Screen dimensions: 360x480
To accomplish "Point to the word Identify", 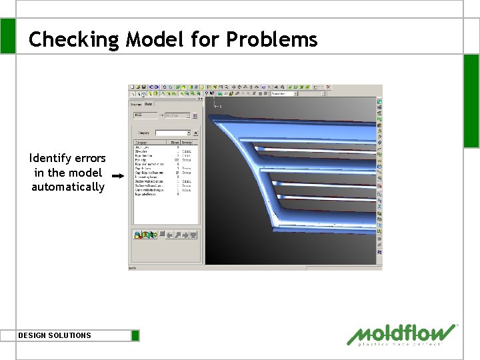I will click(x=51, y=158).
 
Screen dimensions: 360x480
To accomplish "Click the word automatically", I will click(x=68, y=187).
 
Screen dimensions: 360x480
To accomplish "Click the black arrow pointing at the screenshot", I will click(x=118, y=175).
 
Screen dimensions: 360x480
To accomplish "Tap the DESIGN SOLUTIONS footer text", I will click(x=55, y=335).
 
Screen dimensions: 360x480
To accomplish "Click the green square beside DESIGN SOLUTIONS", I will click(x=135, y=335).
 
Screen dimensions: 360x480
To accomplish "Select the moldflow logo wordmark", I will click(x=403, y=333).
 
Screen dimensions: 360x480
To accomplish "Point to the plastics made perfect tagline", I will click(x=400, y=345).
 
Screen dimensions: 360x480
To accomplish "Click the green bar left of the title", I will click(x=7, y=36).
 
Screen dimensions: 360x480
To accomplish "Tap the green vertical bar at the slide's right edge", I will click(x=471, y=100).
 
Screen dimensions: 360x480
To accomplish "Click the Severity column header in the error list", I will click(x=187, y=143).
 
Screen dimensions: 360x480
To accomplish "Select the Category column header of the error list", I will click(x=141, y=143).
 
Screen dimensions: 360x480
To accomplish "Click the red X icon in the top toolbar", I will click(x=327, y=87).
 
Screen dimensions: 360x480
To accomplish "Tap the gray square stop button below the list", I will click(x=161, y=234).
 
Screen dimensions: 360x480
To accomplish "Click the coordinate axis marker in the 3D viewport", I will click(x=216, y=105).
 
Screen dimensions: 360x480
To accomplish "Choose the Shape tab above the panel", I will click(x=149, y=103).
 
